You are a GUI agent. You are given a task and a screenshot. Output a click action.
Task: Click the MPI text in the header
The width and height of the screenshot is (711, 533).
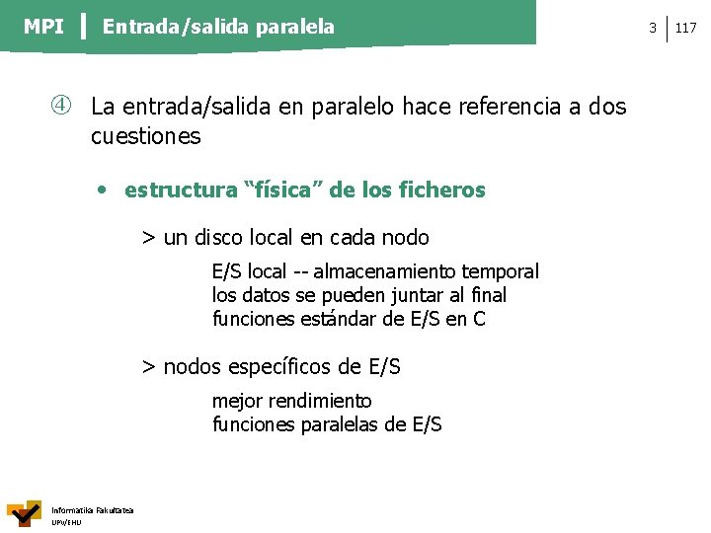coord(43,27)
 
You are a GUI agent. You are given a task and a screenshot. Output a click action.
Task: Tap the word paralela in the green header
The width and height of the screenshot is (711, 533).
coord(294,28)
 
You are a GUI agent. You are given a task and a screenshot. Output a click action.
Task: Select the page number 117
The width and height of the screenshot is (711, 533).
coord(685,28)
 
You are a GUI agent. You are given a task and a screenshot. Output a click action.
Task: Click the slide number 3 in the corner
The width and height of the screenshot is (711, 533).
coord(653,28)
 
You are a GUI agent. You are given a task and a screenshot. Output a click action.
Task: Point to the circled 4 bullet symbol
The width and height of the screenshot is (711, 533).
coord(61,106)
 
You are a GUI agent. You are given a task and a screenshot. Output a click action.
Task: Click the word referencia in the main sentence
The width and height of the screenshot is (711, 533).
coord(510,107)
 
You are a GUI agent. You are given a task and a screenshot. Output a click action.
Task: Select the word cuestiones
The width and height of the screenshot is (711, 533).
coord(145,136)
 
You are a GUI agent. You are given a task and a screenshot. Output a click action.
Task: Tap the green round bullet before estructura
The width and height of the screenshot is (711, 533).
coord(102,190)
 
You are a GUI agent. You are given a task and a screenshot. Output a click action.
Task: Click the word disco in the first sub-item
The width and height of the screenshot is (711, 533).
coord(218,238)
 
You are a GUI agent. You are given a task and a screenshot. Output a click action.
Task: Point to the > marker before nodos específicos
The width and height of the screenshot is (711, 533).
coord(148,367)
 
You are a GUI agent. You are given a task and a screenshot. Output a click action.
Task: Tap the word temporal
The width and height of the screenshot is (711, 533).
coord(500,272)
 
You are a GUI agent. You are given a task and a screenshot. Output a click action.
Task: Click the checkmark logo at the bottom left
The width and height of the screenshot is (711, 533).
coord(25,513)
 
